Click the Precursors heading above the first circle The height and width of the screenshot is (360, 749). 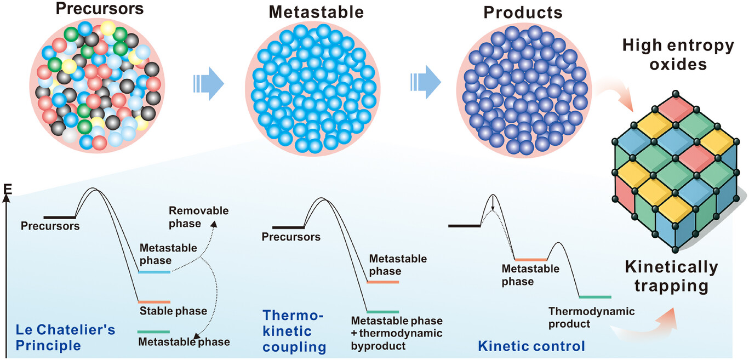tap(99, 9)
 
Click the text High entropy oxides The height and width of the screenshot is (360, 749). tap(678, 55)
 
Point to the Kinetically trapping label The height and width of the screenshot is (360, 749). tap(672, 277)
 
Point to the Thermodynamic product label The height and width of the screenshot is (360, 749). tap(592, 317)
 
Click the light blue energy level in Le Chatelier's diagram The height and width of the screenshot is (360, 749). tap(154, 272)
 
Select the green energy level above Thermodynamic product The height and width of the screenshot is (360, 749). tap(594, 297)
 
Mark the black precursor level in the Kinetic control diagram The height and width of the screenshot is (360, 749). tap(464, 226)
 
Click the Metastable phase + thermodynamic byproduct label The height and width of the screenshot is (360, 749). tap(397, 333)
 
